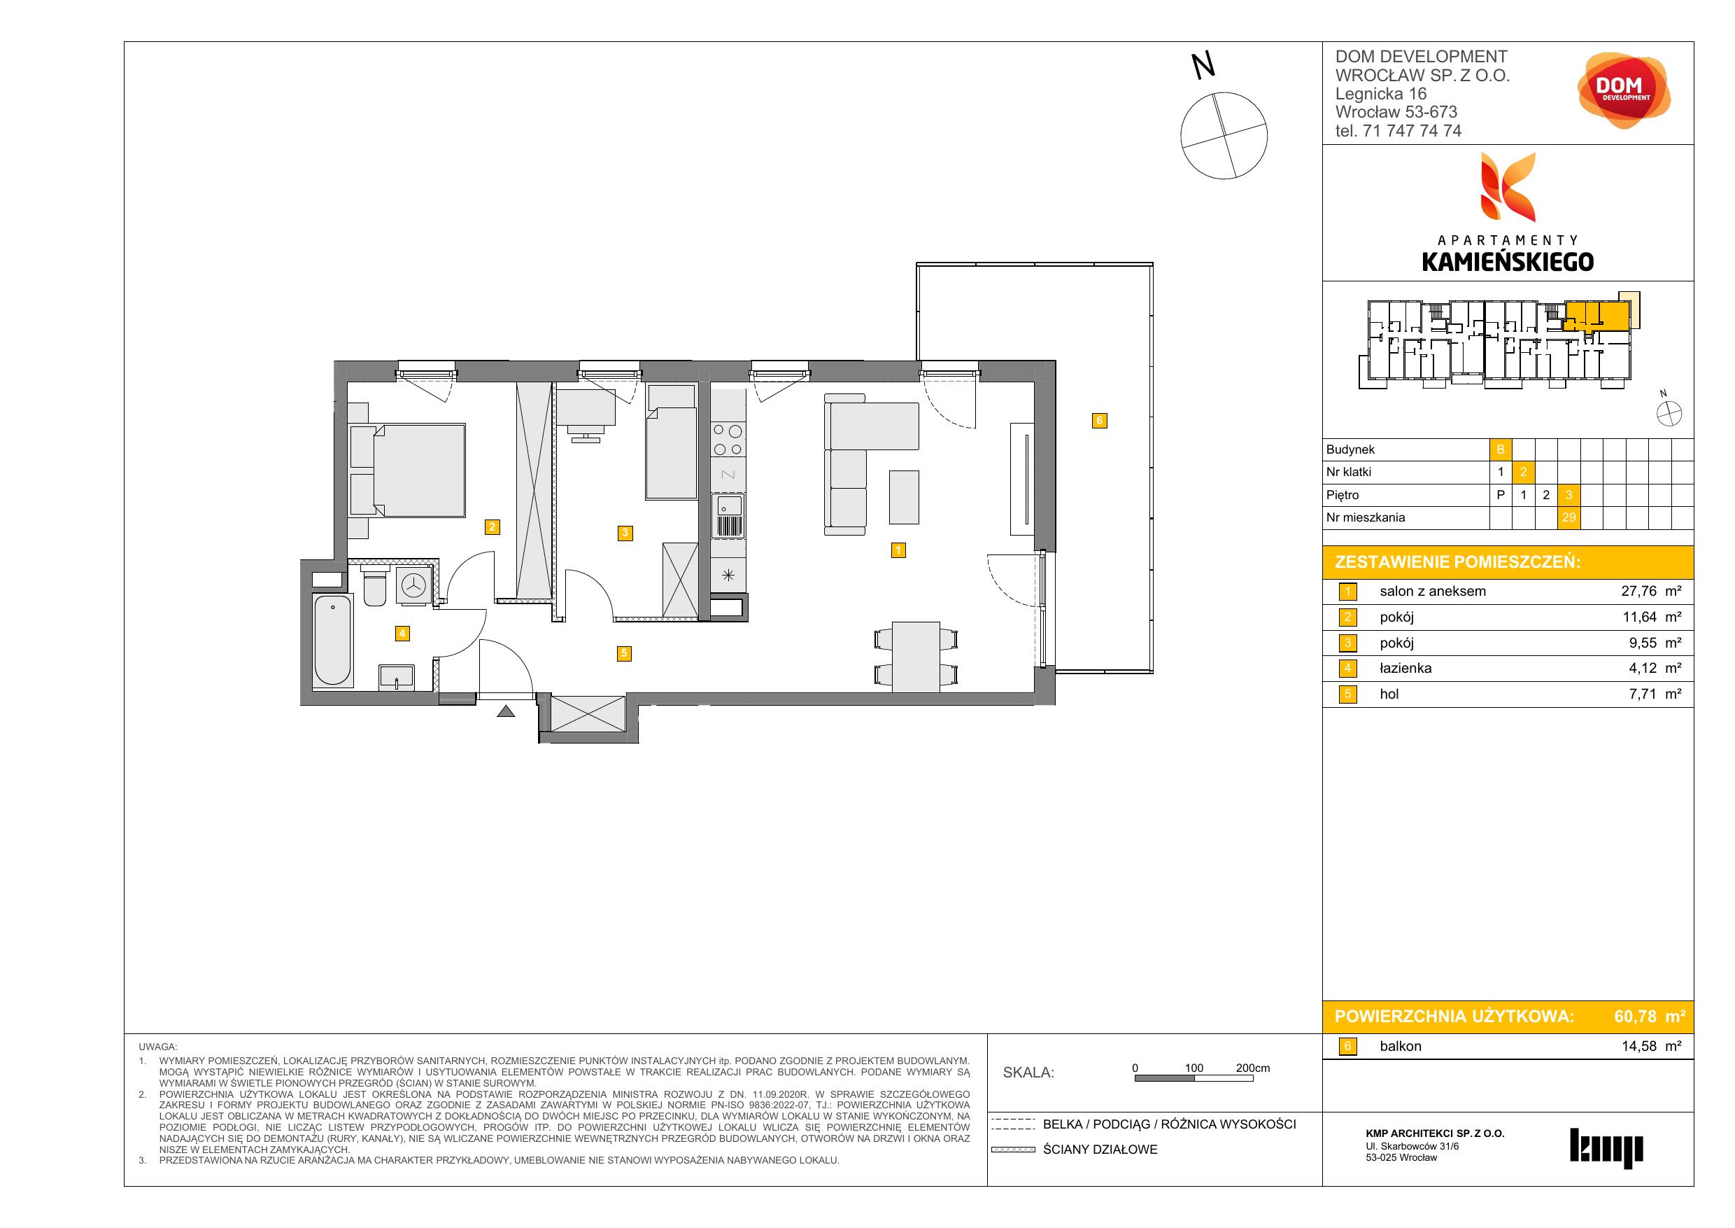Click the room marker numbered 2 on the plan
pyautogui.click(x=492, y=526)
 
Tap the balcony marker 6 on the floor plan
pyautogui.click(x=1100, y=421)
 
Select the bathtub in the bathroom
pyautogui.click(x=332, y=640)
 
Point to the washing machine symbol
pyautogui.click(x=413, y=585)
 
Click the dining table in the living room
pyautogui.click(x=916, y=656)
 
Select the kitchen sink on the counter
pyautogui.click(x=729, y=516)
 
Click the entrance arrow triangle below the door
pyautogui.click(x=507, y=711)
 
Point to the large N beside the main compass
pyautogui.click(x=1203, y=66)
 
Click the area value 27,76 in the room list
pyautogui.click(x=1639, y=592)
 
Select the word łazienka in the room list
pyautogui.click(x=1405, y=669)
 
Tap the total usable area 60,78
pyautogui.click(x=1635, y=1017)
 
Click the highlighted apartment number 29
pyautogui.click(x=1568, y=518)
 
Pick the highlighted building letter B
pyautogui.click(x=1501, y=450)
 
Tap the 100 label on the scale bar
pyautogui.click(x=1194, y=1068)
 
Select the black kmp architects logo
pyautogui.click(x=1606, y=1149)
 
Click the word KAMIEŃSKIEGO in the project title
pyautogui.click(x=1508, y=262)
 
